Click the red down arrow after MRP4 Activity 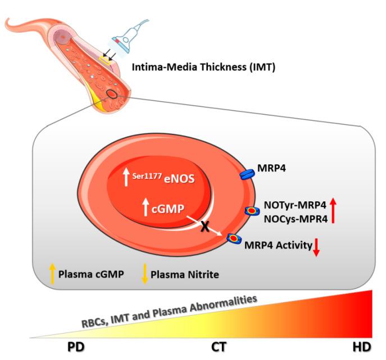pyautogui.click(x=316, y=247)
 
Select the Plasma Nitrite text pyautogui.click(x=184, y=274)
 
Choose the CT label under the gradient pyautogui.click(x=219, y=347)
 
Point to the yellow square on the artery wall pyautogui.click(x=105, y=58)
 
